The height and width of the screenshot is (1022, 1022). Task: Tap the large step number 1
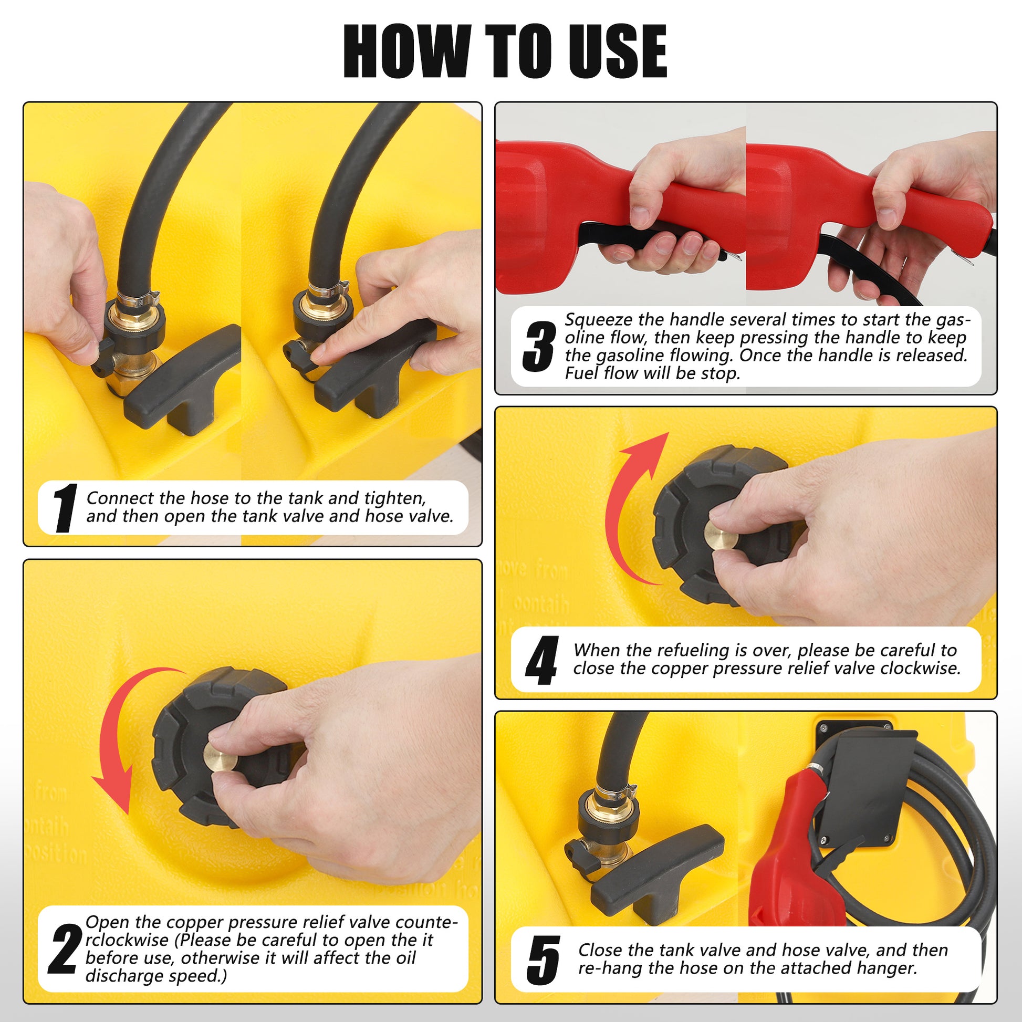pyautogui.click(x=66, y=508)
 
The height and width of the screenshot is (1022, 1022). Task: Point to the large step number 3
pyautogui.click(x=539, y=347)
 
